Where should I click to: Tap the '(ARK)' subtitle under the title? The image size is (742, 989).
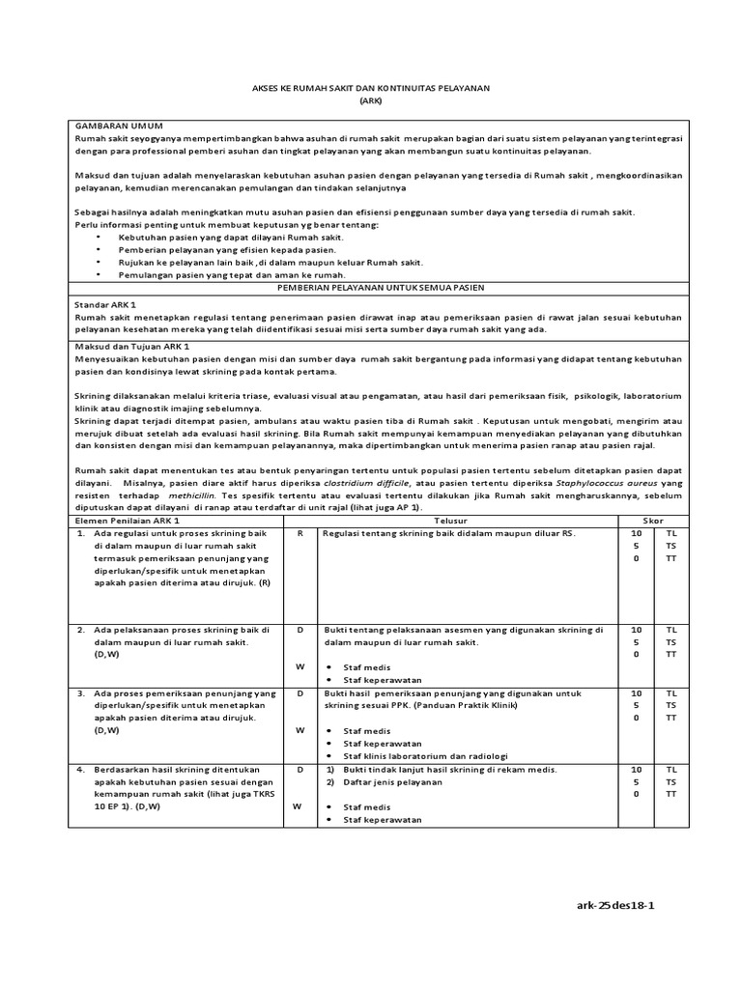(370, 100)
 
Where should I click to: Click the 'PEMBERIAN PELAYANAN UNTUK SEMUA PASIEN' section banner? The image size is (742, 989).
(381, 288)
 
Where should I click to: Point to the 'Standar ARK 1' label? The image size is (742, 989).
(106, 303)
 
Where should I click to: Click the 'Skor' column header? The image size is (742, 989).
(654, 521)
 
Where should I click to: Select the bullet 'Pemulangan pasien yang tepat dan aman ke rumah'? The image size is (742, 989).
(232, 274)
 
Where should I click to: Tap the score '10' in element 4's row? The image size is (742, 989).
(637, 770)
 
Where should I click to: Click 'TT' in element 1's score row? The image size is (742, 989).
(671, 558)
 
